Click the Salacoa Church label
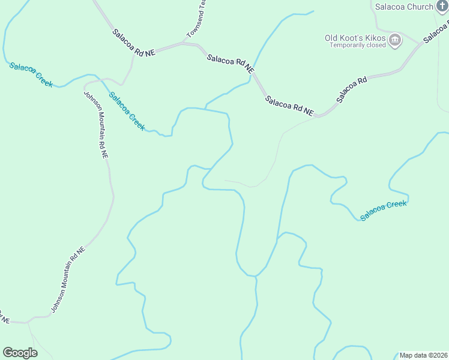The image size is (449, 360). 404,7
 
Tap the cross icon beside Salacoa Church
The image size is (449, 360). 442,7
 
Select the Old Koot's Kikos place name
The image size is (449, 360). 355,38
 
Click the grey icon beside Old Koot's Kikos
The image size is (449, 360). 395,41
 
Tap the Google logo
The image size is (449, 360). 20,353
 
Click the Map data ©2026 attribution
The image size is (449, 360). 423,355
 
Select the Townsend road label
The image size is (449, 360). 197,19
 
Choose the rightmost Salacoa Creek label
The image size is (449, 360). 384,209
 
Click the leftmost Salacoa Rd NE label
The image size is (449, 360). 133,43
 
